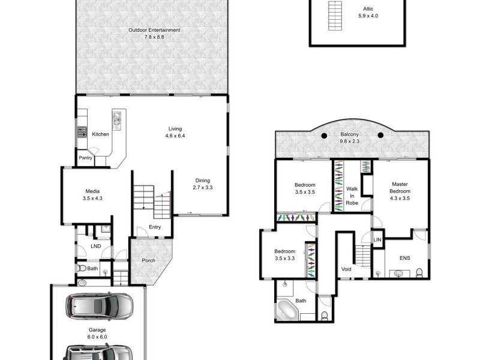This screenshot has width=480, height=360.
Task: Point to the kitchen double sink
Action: point(117,121)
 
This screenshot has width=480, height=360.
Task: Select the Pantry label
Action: point(86,158)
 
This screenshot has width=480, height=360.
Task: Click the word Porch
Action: point(148,260)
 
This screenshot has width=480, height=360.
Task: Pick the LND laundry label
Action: point(95,246)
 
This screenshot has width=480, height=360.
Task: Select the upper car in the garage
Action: point(99,307)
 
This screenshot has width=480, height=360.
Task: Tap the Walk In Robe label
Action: point(352,196)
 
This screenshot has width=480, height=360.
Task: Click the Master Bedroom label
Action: point(400,187)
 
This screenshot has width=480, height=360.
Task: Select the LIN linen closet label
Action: point(377,239)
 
